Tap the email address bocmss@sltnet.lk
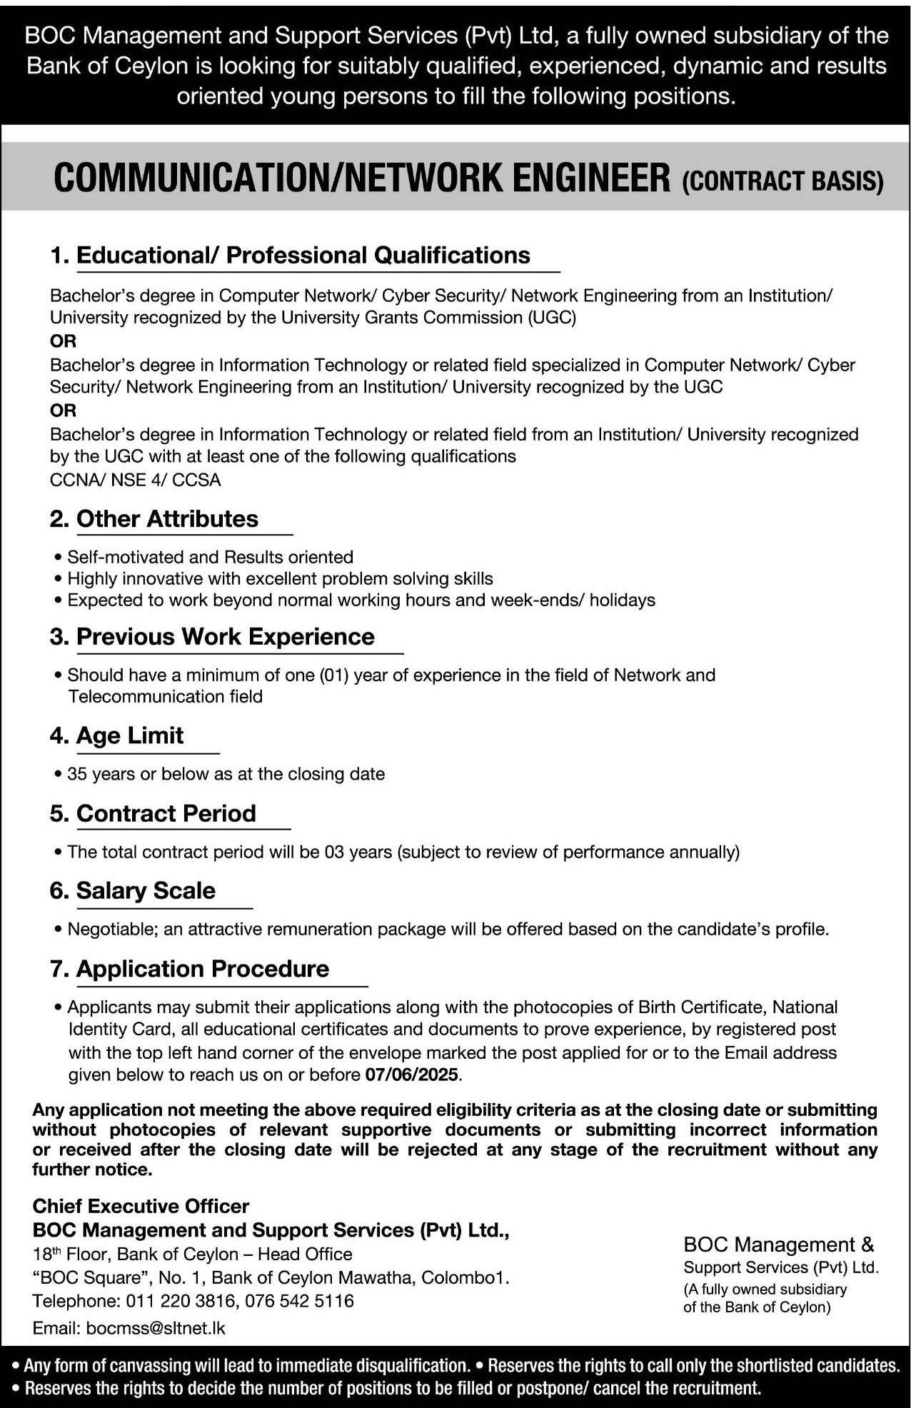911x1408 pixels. coord(156,1328)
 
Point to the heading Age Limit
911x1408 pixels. coord(129,735)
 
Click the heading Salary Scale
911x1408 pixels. coord(146,890)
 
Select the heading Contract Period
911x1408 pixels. coord(166,813)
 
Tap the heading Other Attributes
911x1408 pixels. coord(167,518)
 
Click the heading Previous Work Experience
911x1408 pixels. coord(225,636)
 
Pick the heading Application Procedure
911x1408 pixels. coord(202,968)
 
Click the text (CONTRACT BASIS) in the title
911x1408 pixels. coord(782,181)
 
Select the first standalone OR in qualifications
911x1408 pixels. coord(63,341)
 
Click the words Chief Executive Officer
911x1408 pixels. coord(141,1206)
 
